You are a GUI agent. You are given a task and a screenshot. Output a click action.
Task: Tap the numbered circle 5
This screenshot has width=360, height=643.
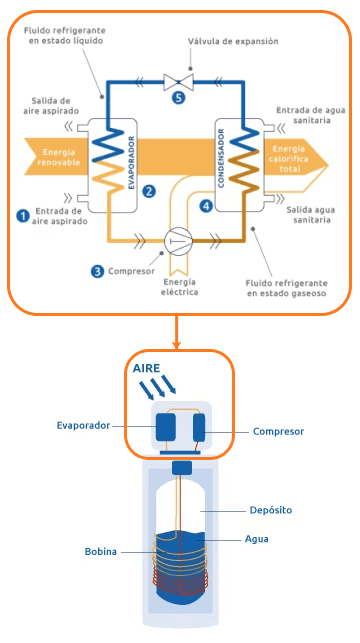(x=178, y=98)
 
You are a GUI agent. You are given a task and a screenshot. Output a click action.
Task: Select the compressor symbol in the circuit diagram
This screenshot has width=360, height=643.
(x=178, y=241)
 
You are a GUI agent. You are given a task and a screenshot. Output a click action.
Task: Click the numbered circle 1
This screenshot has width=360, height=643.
(x=22, y=214)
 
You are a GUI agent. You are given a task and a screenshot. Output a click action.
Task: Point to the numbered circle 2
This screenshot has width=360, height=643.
(x=149, y=190)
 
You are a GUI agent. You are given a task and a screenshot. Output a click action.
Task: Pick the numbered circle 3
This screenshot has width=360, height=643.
(x=97, y=270)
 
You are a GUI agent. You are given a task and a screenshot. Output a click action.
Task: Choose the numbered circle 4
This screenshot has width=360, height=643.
(x=206, y=205)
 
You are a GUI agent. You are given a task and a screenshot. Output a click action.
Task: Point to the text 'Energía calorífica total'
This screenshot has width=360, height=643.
(x=291, y=157)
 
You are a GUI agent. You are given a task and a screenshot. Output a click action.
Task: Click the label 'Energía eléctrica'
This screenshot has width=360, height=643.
(x=179, y=287)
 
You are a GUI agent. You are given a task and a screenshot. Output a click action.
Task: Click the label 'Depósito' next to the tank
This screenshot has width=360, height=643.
(x=270, y=509)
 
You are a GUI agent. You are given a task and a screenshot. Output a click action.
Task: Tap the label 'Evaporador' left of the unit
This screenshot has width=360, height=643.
(x=82, y=425)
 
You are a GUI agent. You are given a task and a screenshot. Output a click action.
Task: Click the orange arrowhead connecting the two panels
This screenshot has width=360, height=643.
(x=176, y=342)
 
